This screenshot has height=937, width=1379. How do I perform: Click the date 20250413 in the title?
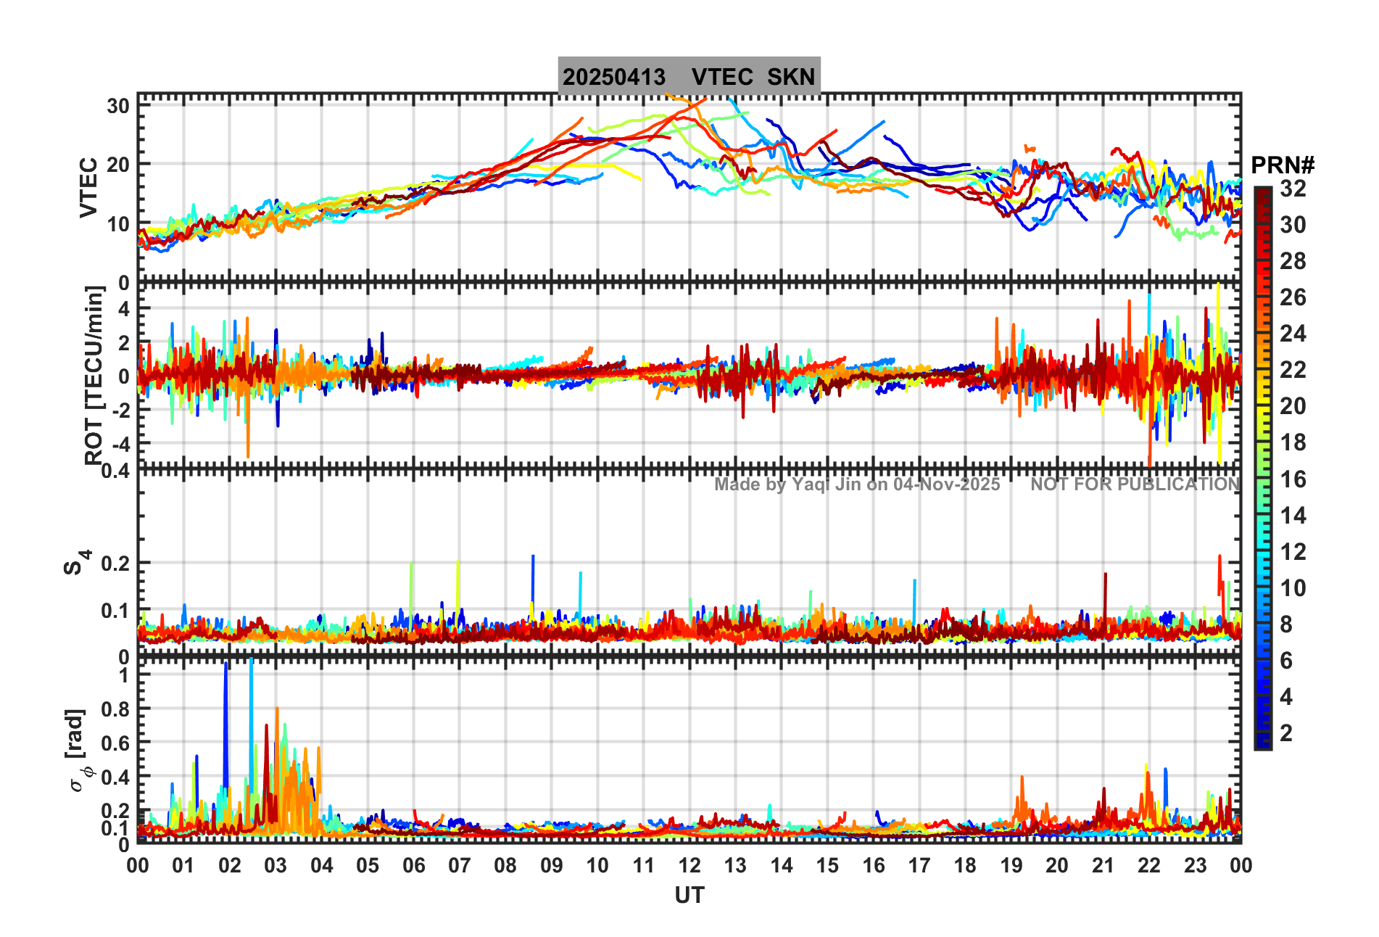[x=613, y=77]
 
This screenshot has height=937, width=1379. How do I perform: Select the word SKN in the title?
[x=791, y=77]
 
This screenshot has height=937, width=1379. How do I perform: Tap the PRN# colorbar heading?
[x=1283, y=165]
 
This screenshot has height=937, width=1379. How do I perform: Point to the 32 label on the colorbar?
[x=1293, y=189]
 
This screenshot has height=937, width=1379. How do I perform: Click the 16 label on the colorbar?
[x=1293, y=479]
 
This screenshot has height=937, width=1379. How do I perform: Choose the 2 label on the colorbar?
[x=1286, y=733]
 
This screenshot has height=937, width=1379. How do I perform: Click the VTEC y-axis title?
[x=88, y=187]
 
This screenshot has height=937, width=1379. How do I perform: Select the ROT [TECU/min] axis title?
[x=94, y=375]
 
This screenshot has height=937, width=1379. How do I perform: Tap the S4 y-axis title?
[x=75, y=562]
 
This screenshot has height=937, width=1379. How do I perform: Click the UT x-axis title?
[x=689, y=896]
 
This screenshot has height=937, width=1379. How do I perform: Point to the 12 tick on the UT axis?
[x=689, y=865]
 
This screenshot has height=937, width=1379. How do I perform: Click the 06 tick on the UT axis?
[x=413, y=865]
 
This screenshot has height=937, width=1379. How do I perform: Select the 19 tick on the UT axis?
[x=1011, y=865]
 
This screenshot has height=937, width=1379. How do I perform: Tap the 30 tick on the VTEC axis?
[x=118, y=106]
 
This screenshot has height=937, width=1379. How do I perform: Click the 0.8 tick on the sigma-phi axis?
[x=115, y=709]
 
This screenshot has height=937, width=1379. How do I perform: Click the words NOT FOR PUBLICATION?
[x=1135, y=484]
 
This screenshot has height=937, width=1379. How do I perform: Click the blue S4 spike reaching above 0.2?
[x=533, y=573]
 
